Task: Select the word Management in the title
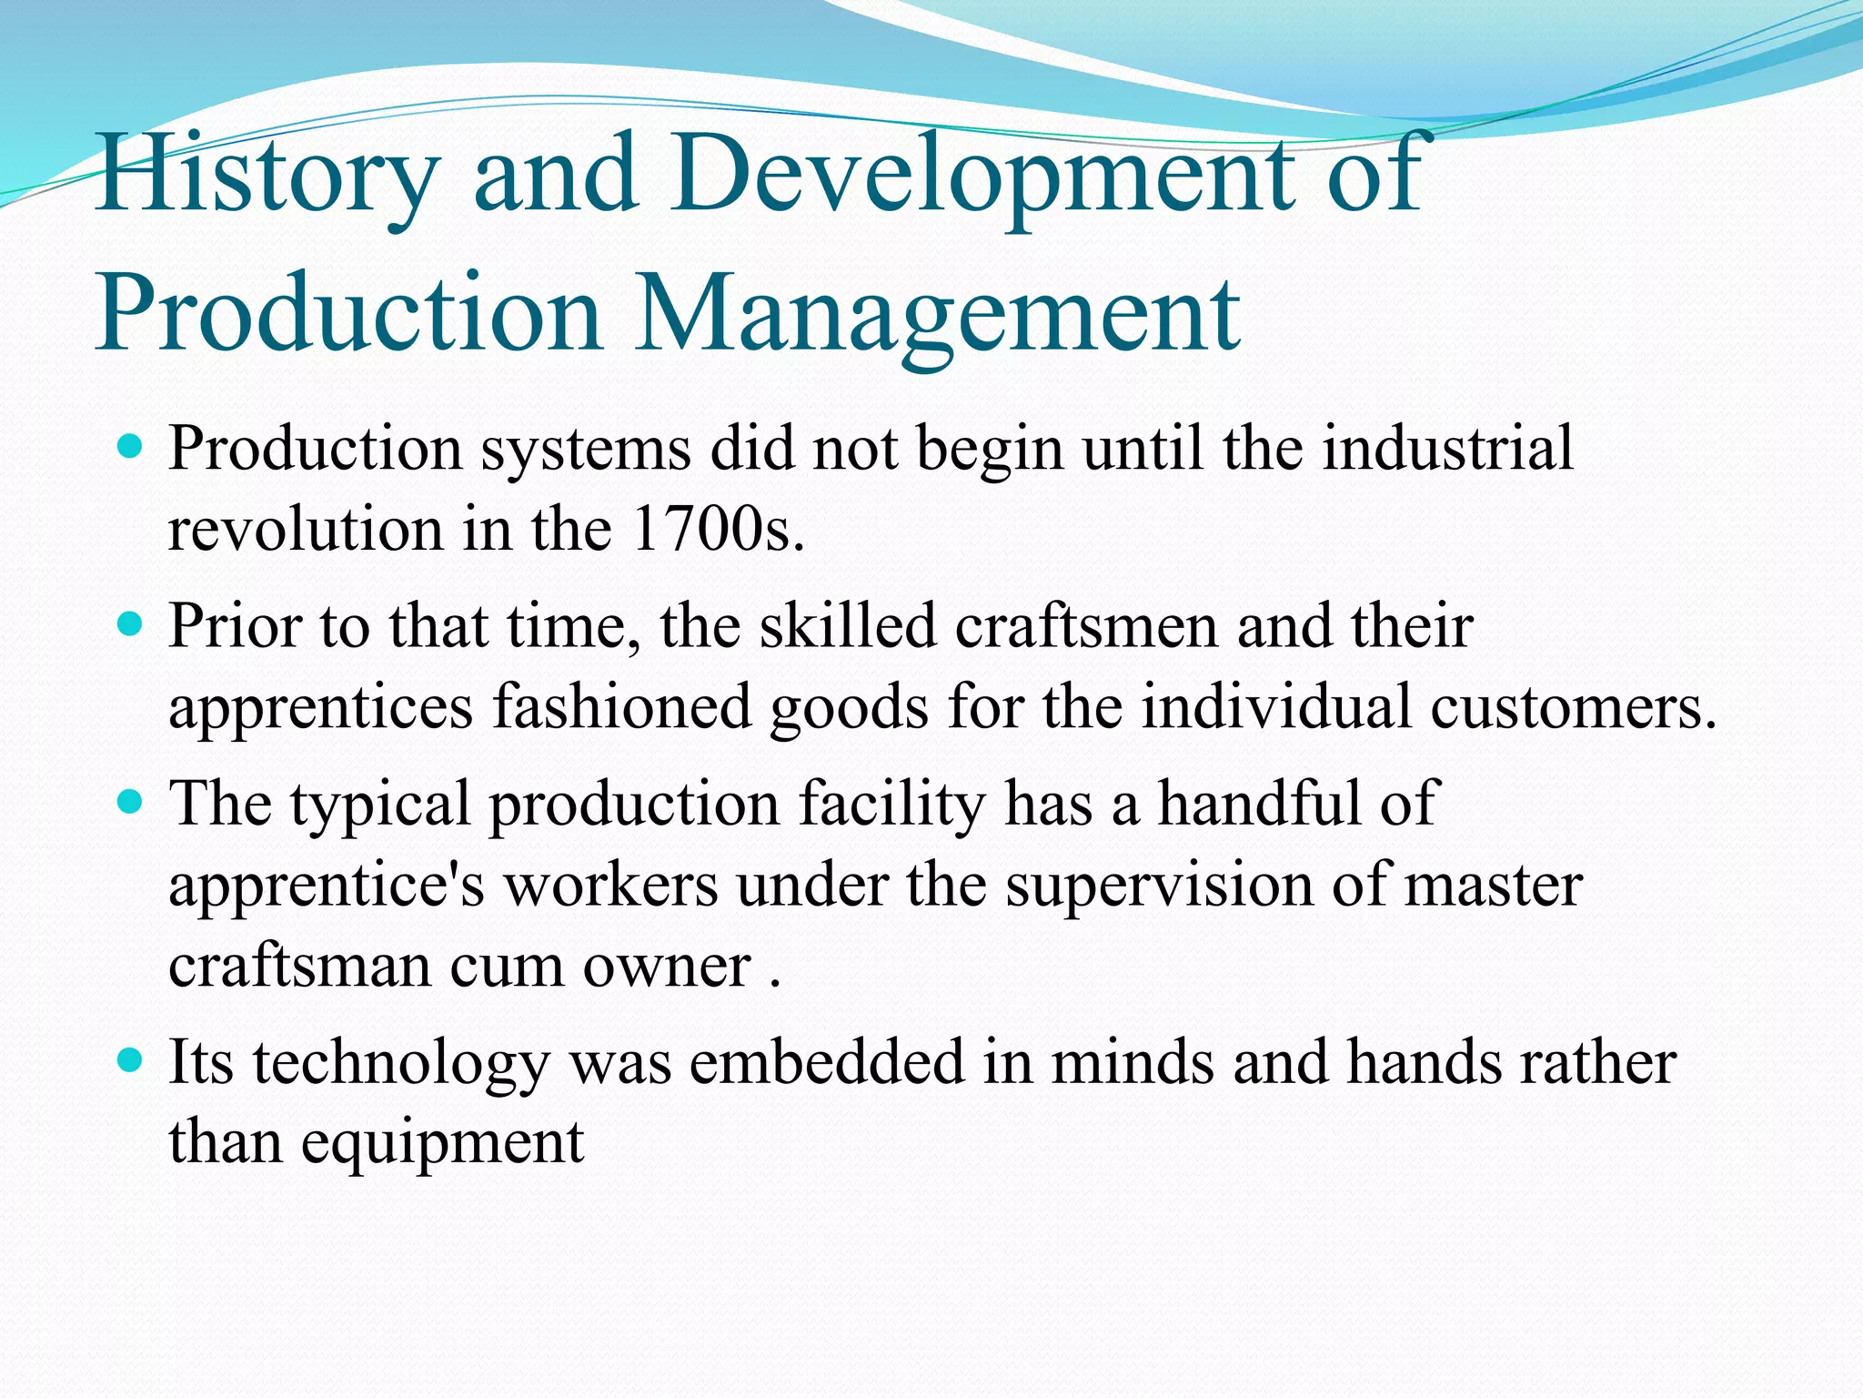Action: tap(937, 314)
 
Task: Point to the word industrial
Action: tap(1446, 449)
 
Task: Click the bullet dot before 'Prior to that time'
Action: tap(131, 625)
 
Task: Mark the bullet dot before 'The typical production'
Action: tap(131, 802)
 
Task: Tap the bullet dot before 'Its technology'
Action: tap(131, 1060)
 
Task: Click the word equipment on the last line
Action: tap(442, 1143)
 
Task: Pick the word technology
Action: tap(401, 1063)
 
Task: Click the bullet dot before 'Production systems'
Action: tap(131, 448)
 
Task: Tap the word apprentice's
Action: tap(327, 885)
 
